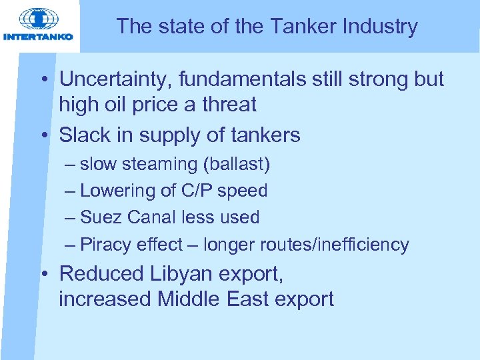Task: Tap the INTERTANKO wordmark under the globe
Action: pyautogui.click(x=38, y=37)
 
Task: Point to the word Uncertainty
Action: pyautogui.click(x=117, y=79)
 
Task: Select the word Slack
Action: pyautogui.click(x=83, y=135)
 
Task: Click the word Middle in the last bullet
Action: pyautogui.click(x=189, y=299)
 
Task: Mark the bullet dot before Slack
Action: pyautogui.click(x=42, y=136)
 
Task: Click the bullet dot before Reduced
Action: pyautogui.click(x=42, y=274)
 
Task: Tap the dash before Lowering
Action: pyautogui.click(x=71, y=191)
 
